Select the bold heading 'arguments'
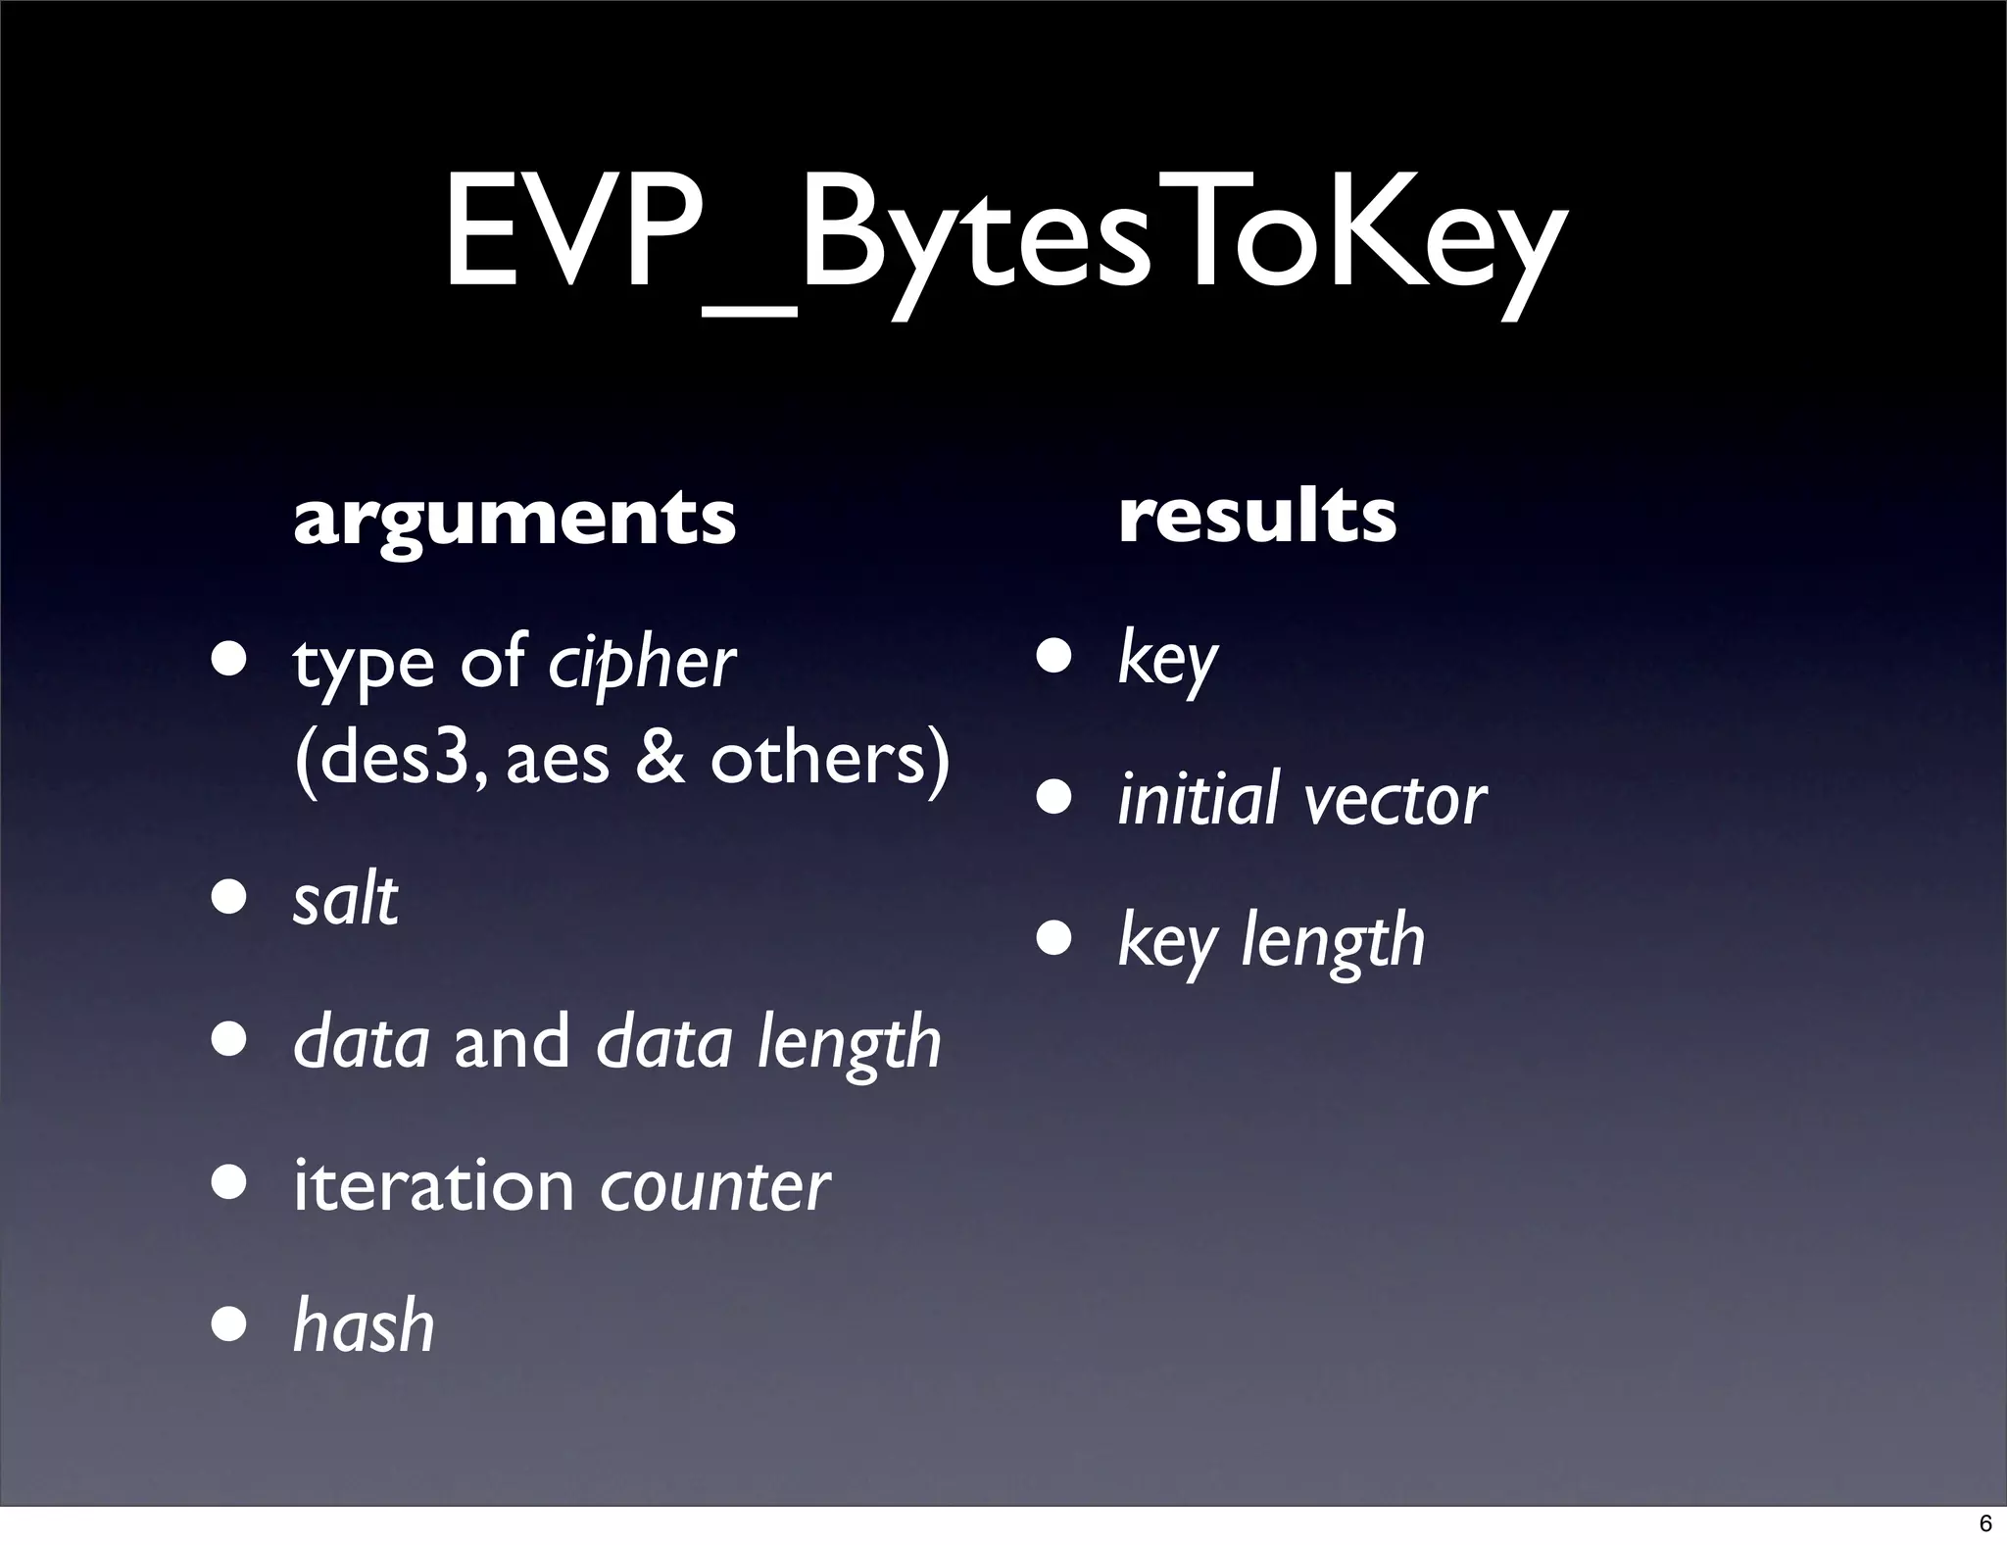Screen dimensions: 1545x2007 tap(514, 519)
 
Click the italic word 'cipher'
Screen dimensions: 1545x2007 tap(641, 664)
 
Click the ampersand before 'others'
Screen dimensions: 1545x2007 tap(660, 759)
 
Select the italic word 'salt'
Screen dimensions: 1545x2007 tap(345, 899)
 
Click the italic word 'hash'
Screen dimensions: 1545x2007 tap(364, 1325)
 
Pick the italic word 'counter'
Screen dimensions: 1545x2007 tap(714, 1186)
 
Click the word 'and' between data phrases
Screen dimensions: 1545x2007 tap(512, 1041)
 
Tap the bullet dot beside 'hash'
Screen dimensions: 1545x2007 tap(231, 1325)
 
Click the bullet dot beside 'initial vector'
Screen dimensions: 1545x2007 tap(1056, 798)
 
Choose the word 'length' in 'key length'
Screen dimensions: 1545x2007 tap(1333, 941)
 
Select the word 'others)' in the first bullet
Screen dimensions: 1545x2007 tap(829, 759)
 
